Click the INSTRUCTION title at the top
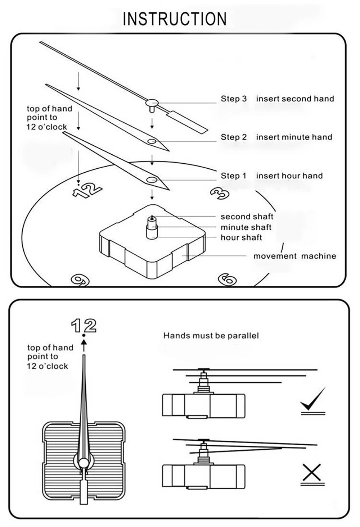(x=175, y=19)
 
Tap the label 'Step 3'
(x=234, y=99)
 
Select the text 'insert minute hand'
(x=294, y=137)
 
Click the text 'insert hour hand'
(x=289, y=176)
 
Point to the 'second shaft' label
(x=247, y=217)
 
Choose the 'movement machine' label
(x=294, y=256)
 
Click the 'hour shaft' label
(x=241, y=237)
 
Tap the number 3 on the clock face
(x=220, y=193)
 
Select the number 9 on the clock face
(x=80, y=280)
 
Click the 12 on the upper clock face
(x=87, y=190)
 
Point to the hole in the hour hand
(x=152, y=180)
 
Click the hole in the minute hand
(x=152, y=141)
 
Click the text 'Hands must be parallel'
(x=211, y=336)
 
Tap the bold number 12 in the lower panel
(x=84, y=326)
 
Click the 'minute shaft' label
(x=246, y=227)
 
